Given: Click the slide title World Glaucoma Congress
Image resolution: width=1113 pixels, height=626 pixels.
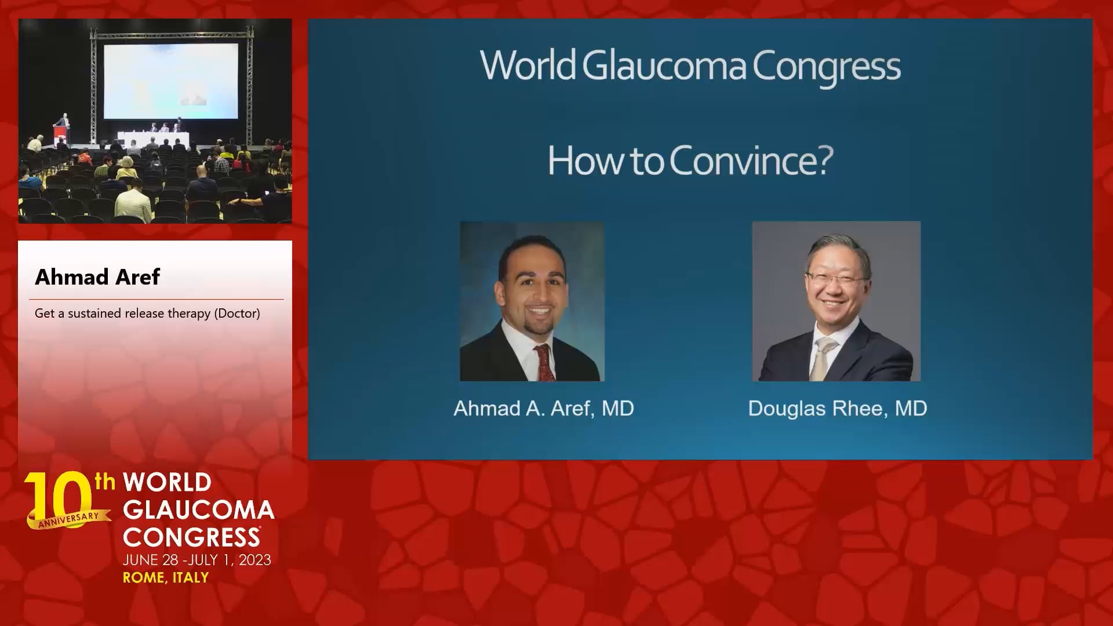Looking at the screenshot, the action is tap(690, 67).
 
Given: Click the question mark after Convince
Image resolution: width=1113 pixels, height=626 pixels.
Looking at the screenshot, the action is tap(824, 160).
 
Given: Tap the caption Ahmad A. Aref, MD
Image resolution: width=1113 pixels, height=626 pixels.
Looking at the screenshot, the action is tap(544, 409).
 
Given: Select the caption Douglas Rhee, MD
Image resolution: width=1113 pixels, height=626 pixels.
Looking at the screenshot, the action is tap(838, 409).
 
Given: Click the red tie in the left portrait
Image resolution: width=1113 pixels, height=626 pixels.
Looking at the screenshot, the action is tap(543, 363).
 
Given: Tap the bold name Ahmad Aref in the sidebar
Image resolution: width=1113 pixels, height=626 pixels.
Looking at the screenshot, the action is tap(97, 277).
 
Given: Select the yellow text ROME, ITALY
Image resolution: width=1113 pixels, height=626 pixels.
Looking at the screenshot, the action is tap(166, 578).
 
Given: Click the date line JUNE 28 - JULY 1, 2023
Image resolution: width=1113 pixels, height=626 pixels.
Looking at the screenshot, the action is tap(197, 560).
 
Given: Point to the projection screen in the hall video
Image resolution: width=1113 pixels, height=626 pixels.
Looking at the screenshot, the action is tap(171, 81).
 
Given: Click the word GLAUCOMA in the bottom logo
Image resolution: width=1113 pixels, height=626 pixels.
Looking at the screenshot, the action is tap(199, 510).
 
